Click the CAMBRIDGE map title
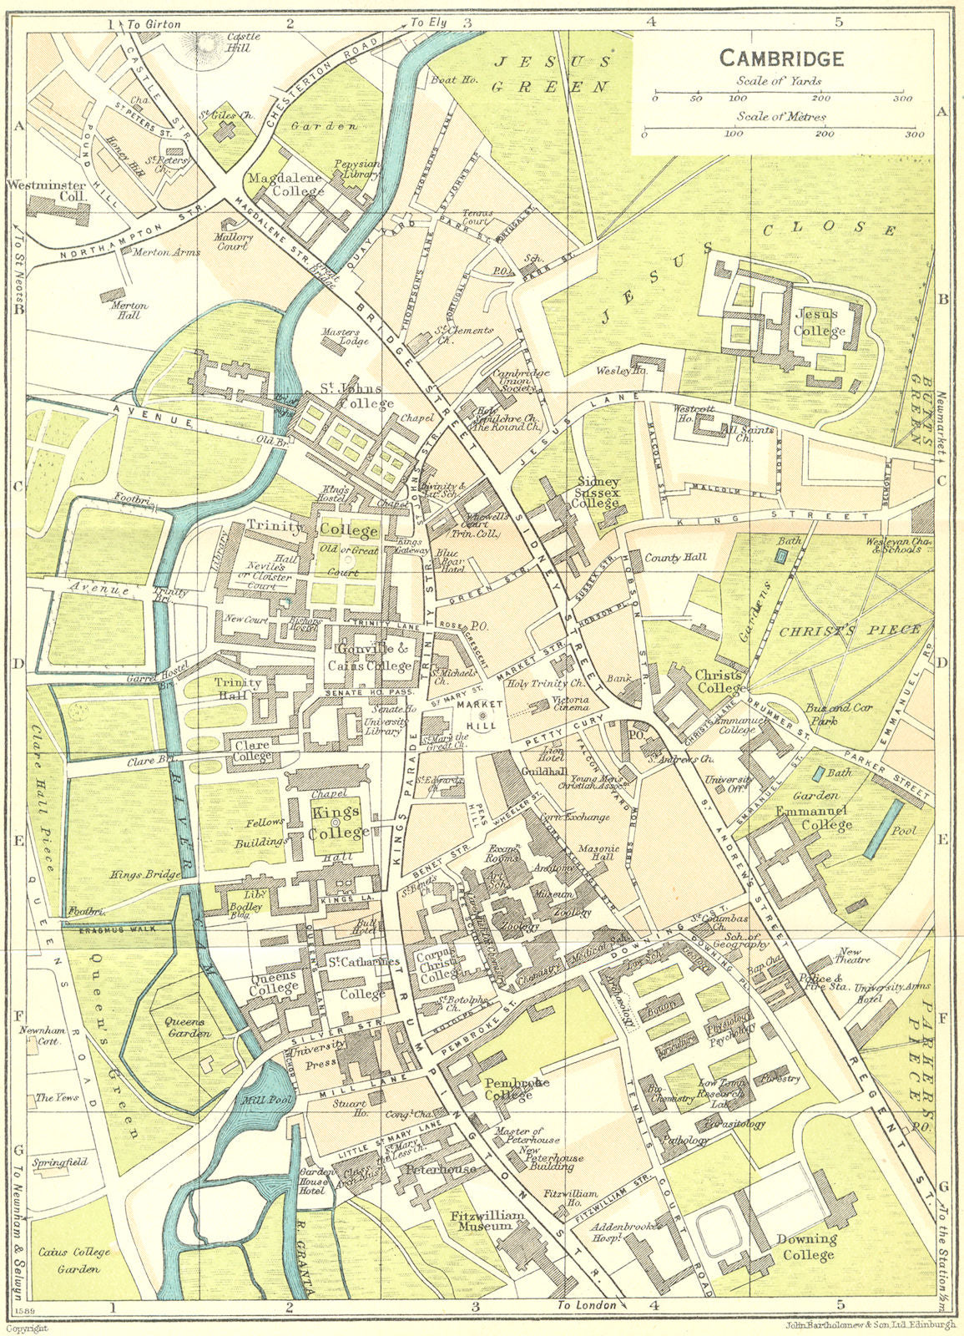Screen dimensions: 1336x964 pyautogui.click(x=781, y=58)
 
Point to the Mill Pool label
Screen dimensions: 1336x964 pyautogui.click(x=266, y=1101)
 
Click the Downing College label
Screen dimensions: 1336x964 pyautogui.click(x=805, y=1247)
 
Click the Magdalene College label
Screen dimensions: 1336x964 pyautogui.click(x=285, y=185)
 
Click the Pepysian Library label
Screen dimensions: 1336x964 pyautogui.click(x=357, y=170)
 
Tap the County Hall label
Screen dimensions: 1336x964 pyautogui.click(x=675, y=557)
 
